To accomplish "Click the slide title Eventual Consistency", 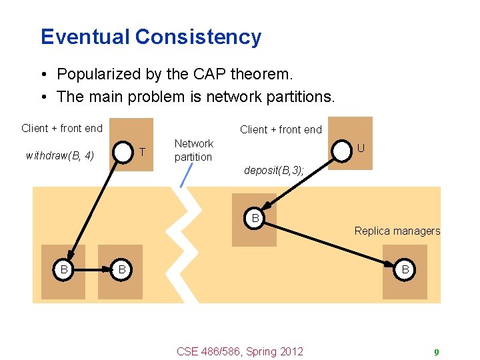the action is pos(151,37).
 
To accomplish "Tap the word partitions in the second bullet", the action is pos(294,97).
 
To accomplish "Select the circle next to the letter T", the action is pos(123,153).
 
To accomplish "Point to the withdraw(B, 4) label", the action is pos(59,156).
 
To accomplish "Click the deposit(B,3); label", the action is pos(274,171).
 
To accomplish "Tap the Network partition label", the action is pos(193,150).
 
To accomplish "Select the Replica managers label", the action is pos(397,231).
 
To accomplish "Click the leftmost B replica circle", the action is pos(64,270).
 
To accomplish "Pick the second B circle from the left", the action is pos(121,270).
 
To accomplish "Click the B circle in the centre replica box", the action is pos(255,217).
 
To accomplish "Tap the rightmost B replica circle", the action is pos(405,270).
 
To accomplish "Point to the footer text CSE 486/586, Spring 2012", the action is pos(239,351).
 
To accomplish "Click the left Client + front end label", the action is pos(62,128).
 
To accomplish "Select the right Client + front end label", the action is pos(281,129).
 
